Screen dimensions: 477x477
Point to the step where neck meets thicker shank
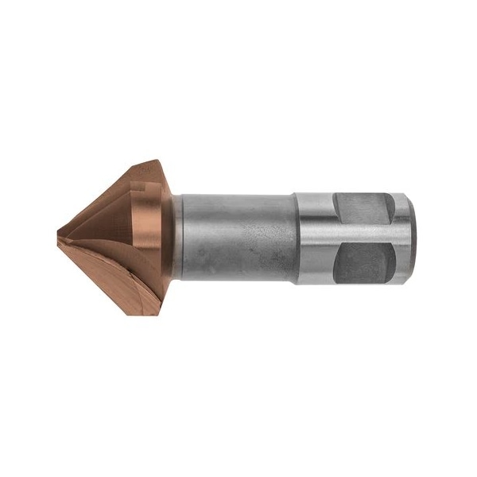[x=296, y=238]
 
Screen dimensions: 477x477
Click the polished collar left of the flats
[x=314, y=238]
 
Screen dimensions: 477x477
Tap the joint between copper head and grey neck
[x=177, y=238]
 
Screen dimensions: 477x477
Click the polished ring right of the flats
[x=402, y=238]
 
